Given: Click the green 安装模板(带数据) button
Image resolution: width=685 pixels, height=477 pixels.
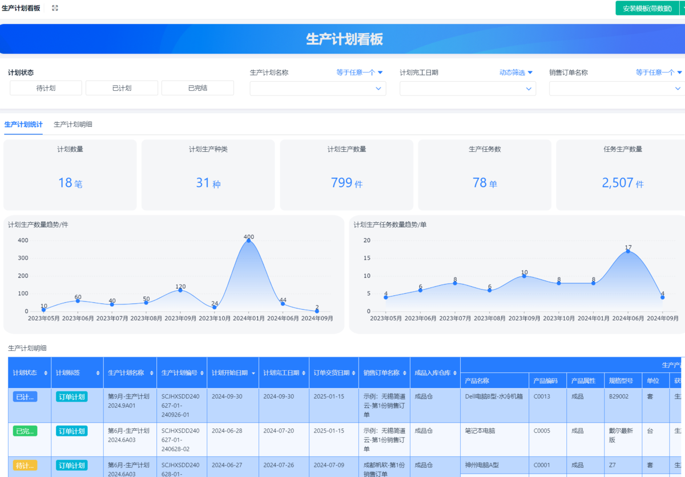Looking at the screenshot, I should coord(647,9).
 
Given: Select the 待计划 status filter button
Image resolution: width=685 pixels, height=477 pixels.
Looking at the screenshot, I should coord(46,88).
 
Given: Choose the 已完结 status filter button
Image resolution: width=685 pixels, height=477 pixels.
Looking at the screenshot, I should coord(198,88).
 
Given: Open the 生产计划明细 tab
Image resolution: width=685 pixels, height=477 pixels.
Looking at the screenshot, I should coord(73,124).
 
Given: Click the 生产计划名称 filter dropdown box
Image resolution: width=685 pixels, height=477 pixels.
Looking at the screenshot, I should coord(317,89).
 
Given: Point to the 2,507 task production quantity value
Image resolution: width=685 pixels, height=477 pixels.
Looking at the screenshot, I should coord(618,183).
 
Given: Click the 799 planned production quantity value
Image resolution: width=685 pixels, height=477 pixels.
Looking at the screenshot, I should coord(342,183).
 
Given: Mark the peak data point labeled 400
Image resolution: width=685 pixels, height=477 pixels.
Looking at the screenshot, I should coord(249,240).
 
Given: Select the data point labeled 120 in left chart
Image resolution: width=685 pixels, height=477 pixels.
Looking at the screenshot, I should coord(180,290).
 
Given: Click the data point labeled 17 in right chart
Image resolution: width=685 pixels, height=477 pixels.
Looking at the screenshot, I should coord(628,251).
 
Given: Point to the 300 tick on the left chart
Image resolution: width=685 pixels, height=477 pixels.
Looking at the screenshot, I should coord(23,258).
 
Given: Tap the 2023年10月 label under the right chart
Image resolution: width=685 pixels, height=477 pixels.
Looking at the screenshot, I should coord(559,318).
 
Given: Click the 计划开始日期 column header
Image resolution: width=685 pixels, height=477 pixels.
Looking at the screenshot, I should coord(230,373).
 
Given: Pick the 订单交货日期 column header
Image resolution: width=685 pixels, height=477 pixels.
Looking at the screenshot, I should coord(331,373).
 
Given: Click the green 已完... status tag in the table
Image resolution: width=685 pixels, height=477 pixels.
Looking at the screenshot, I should coord(25,431).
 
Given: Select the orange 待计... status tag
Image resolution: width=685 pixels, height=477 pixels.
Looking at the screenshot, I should coord(25,466).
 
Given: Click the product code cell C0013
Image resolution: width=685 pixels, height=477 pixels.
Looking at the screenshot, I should coord(542,396).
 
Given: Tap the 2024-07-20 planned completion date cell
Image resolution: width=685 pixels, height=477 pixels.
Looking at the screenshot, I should coord(279,431).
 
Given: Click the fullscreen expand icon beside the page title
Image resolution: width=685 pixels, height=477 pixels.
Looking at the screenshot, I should coord(55,8).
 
